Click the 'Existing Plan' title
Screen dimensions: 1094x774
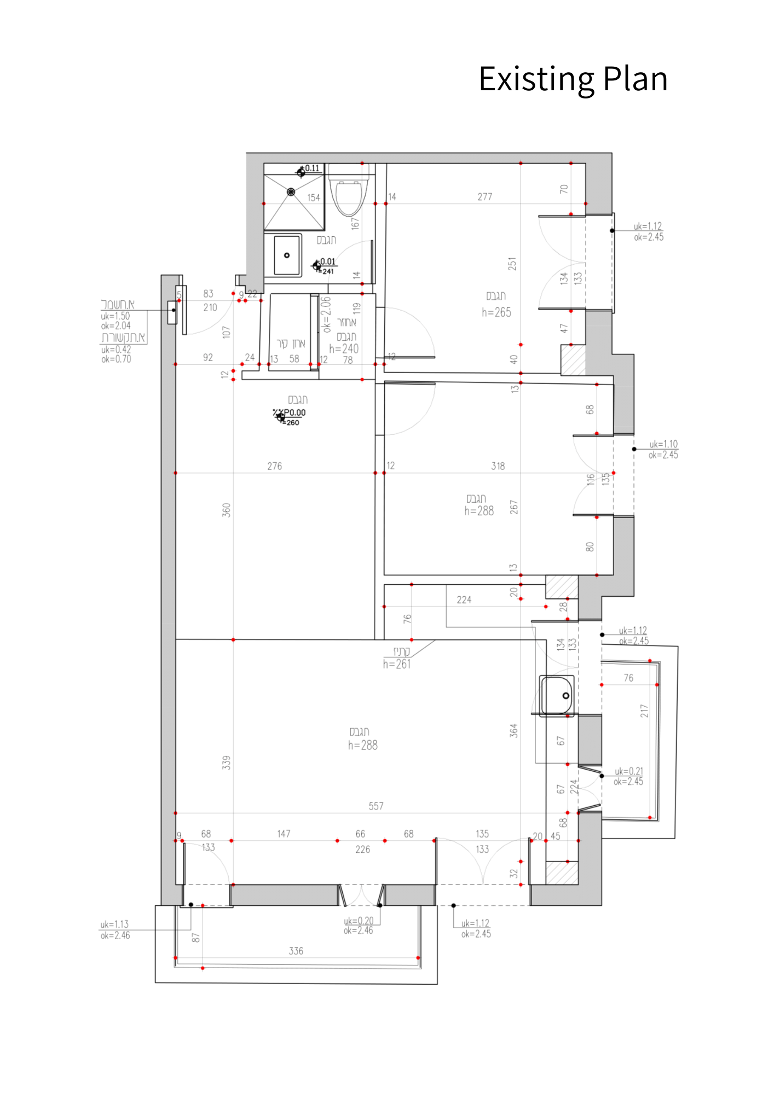[573, 79]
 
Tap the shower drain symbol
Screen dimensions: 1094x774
[291, 192]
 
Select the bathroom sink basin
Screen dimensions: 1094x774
[287, 255]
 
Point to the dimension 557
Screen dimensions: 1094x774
[376, 806]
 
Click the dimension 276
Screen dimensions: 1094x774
[274, 466]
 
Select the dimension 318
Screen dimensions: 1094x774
[498, 466]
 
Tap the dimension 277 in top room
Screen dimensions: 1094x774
[484, 197]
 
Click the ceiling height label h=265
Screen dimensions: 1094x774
[496, 312]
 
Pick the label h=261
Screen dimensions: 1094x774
[397, 664]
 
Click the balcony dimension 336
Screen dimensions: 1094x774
[296, 951]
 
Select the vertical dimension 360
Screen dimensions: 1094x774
[226, 510]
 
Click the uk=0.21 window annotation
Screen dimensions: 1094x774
[628, 771]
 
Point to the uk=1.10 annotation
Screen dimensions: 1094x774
[663, 444]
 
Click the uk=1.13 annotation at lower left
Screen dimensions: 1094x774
[114, 924]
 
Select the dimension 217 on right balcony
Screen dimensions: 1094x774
[644, 711]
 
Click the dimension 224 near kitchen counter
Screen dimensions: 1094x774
[464, 600]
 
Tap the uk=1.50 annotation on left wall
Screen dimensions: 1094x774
[115, 316]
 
